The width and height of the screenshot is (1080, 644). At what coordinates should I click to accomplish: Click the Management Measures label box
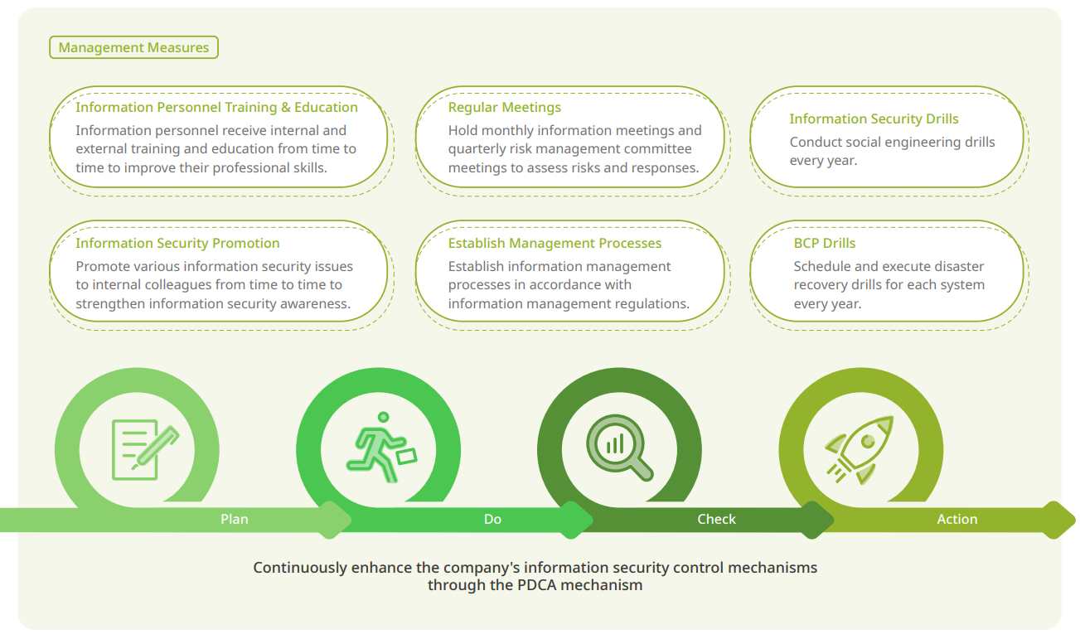pos(133,47)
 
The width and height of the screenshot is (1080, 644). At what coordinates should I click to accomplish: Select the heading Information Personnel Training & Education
pos(216,107)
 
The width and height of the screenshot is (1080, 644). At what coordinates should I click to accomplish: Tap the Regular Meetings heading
pos(504,107)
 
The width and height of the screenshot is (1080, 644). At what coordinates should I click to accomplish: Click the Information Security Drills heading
pos(874,119)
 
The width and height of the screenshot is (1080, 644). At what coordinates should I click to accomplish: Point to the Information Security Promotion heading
pos(177,243)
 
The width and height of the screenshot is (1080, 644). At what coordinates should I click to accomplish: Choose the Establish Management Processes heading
pos(555,243)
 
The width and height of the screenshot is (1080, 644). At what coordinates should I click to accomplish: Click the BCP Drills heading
pos(825,243)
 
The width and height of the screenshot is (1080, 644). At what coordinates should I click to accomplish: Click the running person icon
pos(382,448)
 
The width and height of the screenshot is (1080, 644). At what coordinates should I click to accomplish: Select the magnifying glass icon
pos(619,448)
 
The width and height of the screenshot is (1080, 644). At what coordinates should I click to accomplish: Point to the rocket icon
pos(860,450)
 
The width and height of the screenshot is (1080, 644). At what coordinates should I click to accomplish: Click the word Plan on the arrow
pos(235,519)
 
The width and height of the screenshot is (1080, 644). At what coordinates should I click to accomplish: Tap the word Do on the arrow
pos(492,519)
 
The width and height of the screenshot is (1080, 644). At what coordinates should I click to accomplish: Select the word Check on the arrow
pos(716,519)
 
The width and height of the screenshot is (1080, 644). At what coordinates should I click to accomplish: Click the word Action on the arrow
pos(957,519)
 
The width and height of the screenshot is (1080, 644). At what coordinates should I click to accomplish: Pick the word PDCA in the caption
pos(536,585)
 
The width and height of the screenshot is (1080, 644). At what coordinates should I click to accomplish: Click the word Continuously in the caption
pos(300,568)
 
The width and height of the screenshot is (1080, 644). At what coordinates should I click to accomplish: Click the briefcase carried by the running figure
pos(406,456)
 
